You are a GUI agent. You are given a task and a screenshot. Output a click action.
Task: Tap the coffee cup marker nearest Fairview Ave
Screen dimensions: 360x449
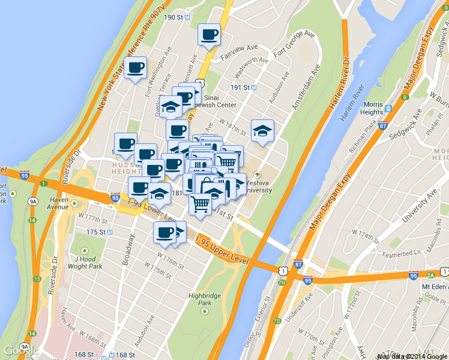[x=209, y=35]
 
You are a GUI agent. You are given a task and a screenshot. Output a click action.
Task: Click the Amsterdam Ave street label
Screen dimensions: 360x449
[x=304, y=92]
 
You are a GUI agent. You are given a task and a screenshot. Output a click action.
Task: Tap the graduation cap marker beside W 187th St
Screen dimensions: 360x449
[x=262, y=130]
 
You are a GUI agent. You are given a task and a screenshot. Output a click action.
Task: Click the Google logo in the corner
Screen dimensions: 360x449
[x=20, y=350]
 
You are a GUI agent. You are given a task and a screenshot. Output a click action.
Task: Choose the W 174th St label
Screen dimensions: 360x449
[x=364, y=232]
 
